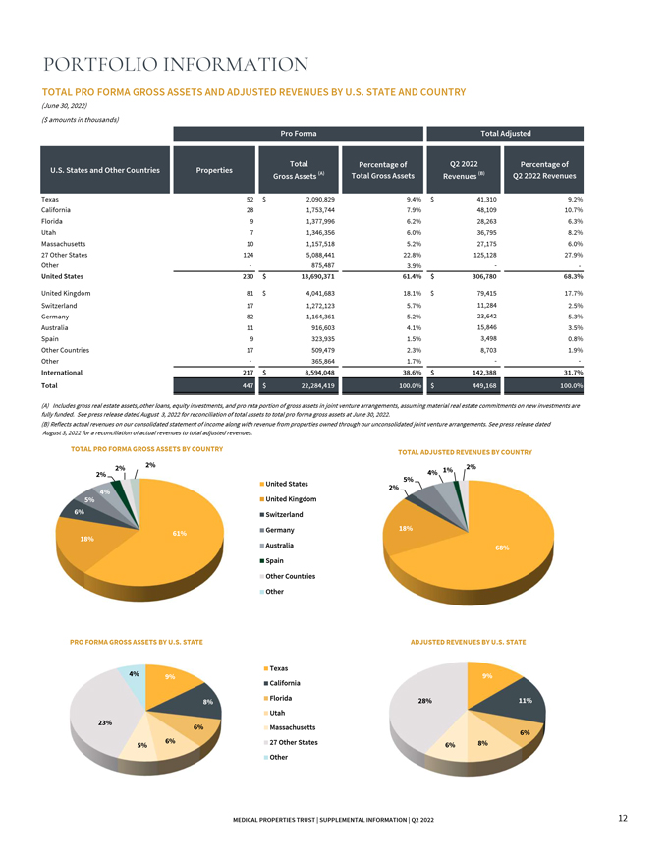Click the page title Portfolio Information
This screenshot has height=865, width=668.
click(x=177, y=65)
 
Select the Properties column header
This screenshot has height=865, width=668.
click(x=214, y=170)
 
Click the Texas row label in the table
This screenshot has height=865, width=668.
click(x=55, y=200)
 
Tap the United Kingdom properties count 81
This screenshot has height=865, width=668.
click(x=249, y=293)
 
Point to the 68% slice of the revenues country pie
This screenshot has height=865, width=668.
click(x=511, y=550)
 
